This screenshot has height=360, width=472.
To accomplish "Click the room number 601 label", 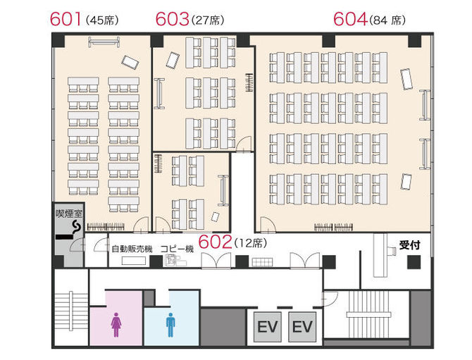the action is click(66, 19).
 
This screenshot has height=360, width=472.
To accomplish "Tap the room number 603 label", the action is click(172, 19).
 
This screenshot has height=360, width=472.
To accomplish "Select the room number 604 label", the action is click(350, 19).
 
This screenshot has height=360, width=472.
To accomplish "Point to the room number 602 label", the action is click(215, 242).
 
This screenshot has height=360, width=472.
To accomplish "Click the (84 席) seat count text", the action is click(387, 20).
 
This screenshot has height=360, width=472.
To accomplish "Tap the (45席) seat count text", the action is click(102, 20).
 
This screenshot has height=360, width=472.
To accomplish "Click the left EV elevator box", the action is click(267, 327).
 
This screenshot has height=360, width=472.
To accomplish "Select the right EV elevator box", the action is click(302, 327).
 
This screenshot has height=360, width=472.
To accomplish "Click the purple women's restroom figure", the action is click(116, 325).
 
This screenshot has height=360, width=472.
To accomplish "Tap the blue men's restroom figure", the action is click(170, 325).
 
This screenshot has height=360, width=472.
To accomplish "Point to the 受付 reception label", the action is click(409, 245).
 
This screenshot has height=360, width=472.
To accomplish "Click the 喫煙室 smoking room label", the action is click(69, 213).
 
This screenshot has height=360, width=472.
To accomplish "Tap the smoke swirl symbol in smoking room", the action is click(77, 227).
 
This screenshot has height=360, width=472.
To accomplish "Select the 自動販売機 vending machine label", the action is click(132, 249).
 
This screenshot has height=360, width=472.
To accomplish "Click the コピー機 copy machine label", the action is click(177, 249).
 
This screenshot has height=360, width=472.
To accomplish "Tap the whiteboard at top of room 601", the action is click(104, 42).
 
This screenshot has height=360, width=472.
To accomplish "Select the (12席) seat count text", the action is click(251, 243).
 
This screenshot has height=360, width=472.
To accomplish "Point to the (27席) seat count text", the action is click(208, 20).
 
